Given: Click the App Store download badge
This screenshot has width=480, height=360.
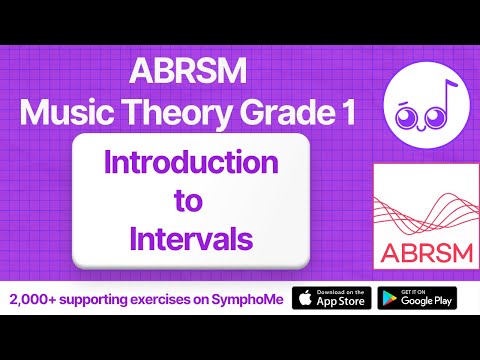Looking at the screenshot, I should tap(332, 298).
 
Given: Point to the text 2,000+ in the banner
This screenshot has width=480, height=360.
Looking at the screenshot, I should tap(34, 299).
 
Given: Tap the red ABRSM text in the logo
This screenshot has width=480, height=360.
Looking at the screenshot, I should tap(419, 249).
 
